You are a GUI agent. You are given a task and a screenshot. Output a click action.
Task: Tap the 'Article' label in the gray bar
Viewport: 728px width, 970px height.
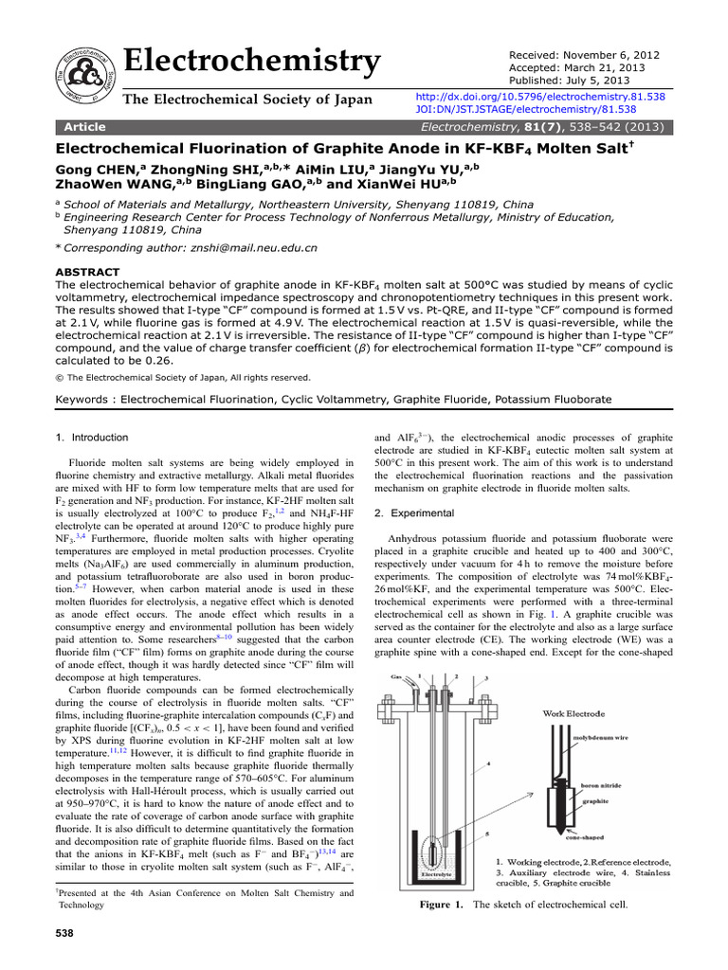tap(84, 127)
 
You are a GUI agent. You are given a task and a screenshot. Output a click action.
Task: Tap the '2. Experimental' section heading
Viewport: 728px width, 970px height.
tap(412, 512)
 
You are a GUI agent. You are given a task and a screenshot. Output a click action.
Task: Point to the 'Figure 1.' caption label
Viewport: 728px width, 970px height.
tap(442, 905)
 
